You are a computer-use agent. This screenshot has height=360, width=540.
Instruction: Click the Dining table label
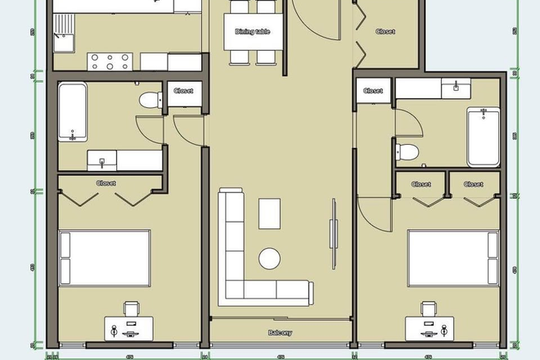coord(253,32)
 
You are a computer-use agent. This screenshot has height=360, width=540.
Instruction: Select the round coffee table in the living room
coord(270,259)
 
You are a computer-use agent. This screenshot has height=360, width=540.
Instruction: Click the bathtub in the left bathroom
coord(73,111)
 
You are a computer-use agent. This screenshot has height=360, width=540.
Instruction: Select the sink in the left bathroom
coord(103,159)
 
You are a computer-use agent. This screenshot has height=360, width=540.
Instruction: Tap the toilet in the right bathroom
coord(409,151)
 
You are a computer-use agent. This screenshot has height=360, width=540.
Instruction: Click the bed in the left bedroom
coord(104,256)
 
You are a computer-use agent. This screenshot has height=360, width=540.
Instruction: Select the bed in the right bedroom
coord(453,256)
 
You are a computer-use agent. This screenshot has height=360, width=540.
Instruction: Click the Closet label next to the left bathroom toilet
coord(183,91)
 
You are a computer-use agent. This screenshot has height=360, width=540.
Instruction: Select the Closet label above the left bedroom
coord(106,183)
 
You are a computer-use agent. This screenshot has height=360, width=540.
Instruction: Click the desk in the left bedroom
coord(131,330)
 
